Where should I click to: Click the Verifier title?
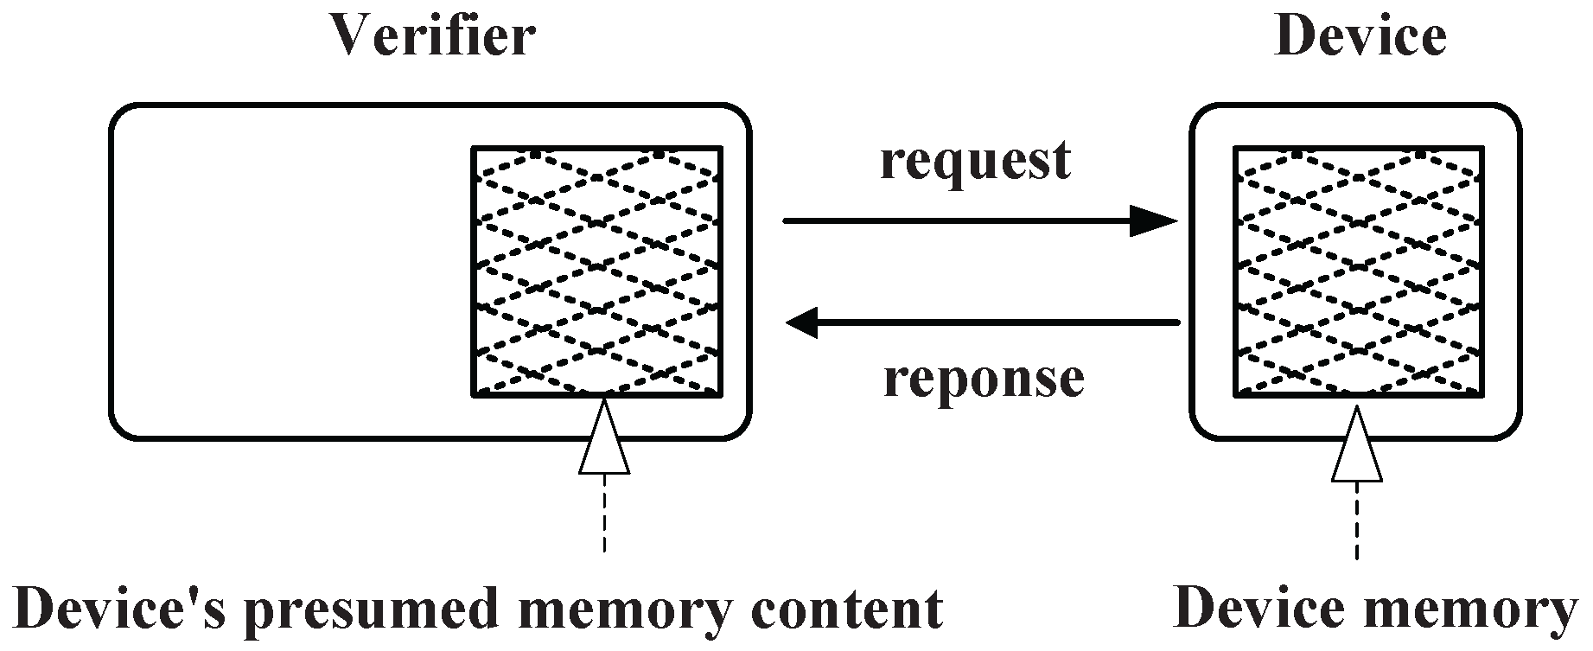[432, 38]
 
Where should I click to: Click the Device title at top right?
[1360, 38]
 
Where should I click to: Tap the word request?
[975, 162]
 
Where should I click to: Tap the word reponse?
[984, 379]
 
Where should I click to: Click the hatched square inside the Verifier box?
[597, 271]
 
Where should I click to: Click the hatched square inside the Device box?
[1359, 271]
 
